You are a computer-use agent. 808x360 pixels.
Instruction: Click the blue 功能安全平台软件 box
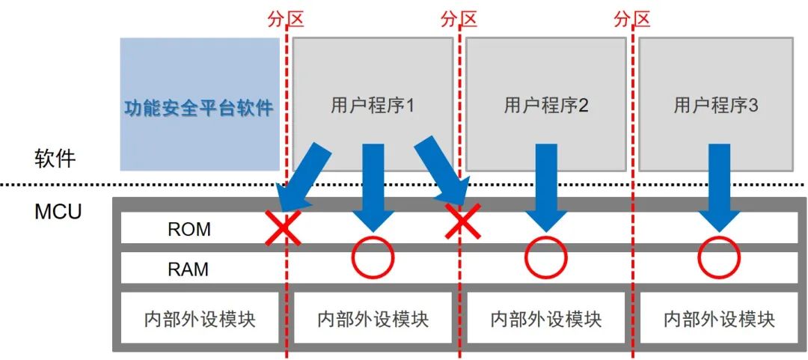coord(199,105)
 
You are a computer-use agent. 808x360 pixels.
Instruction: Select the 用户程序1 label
coord(373,106)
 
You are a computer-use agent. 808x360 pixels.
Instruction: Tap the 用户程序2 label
coord(546,106)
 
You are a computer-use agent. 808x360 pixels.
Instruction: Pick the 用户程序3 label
coord(716,106)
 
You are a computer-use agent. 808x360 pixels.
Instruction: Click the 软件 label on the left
coord(55,159)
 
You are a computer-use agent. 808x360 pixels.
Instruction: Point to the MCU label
coord(58,212)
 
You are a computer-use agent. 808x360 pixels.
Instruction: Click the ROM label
coord(189,229)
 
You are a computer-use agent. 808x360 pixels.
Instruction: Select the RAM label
coord(189,269)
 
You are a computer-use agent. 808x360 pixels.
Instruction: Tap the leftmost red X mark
coord(284,228)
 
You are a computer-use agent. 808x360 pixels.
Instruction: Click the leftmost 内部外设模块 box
coord(200,319)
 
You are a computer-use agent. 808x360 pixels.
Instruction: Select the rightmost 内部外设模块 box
coord(719,319)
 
